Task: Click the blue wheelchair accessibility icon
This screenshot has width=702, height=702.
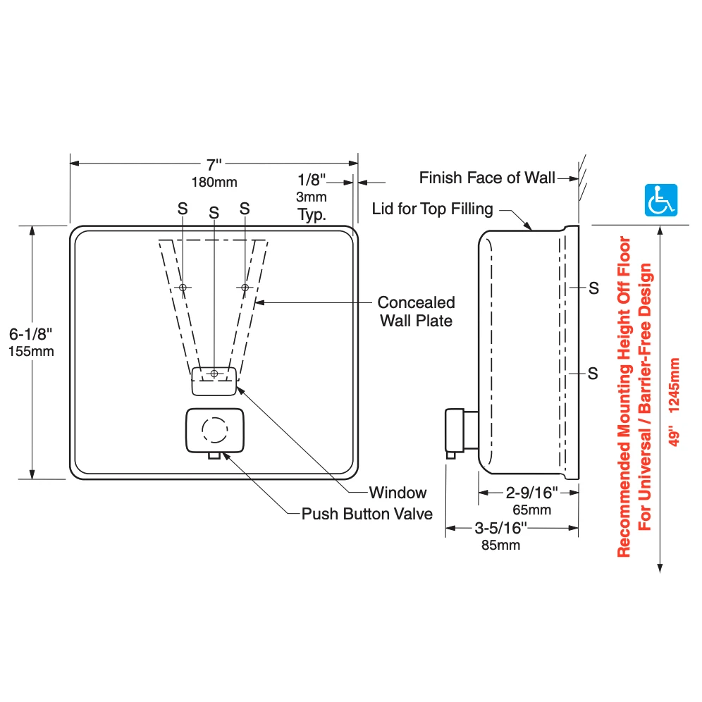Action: coord(661,200)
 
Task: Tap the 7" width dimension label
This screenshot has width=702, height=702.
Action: coord(214,165)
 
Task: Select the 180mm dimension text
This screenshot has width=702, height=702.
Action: coord(214,183)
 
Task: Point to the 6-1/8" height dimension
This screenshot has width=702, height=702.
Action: coord(31,334)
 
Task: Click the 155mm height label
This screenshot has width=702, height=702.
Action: coord(31,352)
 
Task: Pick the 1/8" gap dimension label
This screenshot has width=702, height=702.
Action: coord(312,180)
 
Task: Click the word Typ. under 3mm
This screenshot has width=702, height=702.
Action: coord(312,214)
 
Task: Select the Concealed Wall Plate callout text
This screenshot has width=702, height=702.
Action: coord(417,312)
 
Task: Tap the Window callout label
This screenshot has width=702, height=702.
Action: coord(398,493)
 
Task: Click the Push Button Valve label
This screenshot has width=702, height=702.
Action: coord(367,514)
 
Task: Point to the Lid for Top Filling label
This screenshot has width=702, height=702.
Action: coord(433,209)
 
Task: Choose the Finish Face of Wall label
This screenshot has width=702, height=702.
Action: coord(487,178)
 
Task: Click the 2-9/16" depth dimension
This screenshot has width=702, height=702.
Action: coord(532,493)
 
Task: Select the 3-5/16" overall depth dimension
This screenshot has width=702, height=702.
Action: coord(501,529)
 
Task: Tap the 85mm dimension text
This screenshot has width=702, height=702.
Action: coord(501,546)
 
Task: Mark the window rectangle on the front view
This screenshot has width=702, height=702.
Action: coord(214,381)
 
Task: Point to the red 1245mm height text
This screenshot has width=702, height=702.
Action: coord(675,385)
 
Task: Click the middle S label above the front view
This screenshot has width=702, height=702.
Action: coord(214,213)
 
